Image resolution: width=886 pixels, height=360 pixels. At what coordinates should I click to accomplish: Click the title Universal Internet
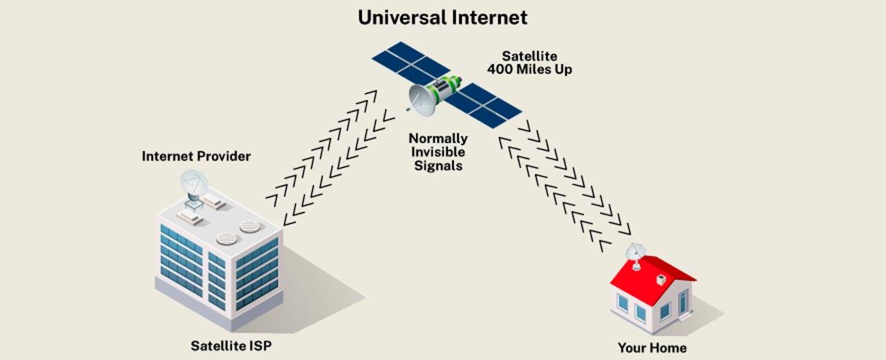442,17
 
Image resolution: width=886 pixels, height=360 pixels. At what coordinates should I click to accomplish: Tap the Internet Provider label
196,156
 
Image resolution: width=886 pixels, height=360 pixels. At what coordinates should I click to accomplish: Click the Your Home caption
653,347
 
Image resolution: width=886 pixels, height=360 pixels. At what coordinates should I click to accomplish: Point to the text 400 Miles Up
530,70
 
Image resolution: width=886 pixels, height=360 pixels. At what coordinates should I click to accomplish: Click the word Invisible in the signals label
437,152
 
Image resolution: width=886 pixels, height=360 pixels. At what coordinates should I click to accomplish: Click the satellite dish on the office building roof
193,183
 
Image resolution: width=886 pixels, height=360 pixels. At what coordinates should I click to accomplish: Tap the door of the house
683,302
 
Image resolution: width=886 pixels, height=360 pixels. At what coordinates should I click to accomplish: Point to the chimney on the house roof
662,280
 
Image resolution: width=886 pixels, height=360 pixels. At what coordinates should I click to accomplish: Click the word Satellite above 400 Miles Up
530,55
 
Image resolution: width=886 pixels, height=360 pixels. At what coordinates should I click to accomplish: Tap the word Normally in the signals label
437,138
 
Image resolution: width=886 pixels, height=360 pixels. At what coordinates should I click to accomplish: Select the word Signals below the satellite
437,166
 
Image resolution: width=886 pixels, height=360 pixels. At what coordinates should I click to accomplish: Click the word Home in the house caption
670,347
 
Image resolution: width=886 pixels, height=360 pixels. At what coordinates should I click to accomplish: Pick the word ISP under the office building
259,345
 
